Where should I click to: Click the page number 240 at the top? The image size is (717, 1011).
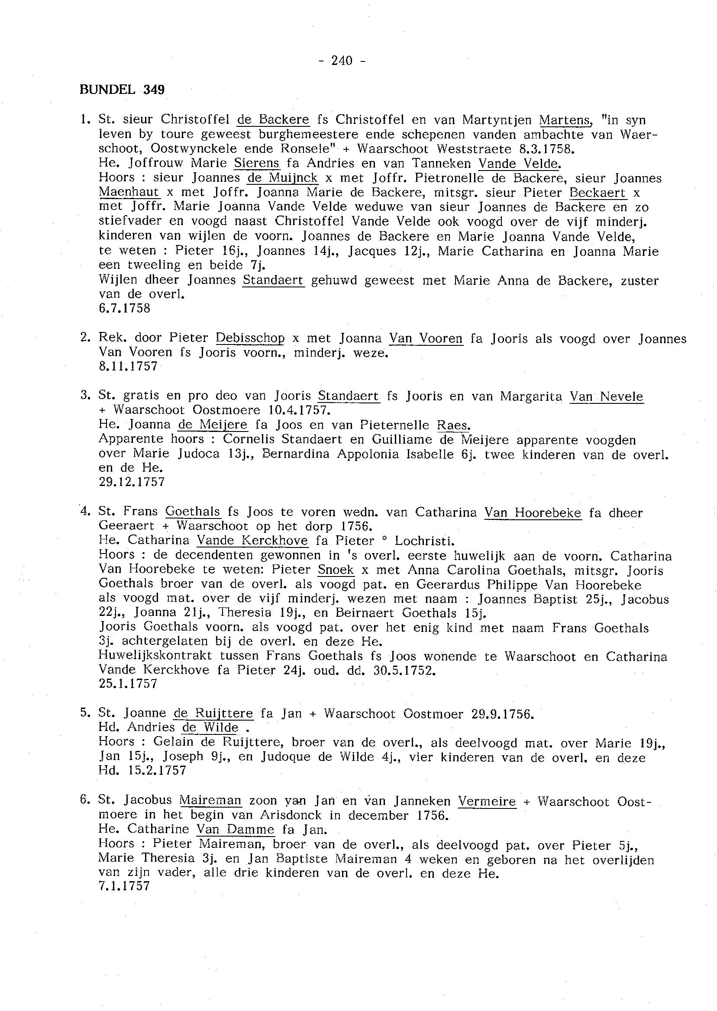pos(342,61)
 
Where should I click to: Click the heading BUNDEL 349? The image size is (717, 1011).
pos(122,90)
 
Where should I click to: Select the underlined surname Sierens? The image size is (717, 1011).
pos(257,164)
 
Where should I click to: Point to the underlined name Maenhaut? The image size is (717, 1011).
pos(129,193)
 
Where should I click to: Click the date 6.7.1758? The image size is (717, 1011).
pos(125,309)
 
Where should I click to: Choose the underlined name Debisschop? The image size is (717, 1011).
pos(250,338)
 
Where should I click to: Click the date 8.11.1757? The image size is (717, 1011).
pos(129,367)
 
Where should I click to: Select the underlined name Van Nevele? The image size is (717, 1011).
pos(606,396)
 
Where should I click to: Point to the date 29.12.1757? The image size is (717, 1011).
pos(132,482)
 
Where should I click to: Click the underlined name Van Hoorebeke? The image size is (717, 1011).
pos(533,512)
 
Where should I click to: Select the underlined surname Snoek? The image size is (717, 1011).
pos(336,570)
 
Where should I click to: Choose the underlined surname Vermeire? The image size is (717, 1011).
pos(487,801)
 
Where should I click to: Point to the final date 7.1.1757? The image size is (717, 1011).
pos(125,885)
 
